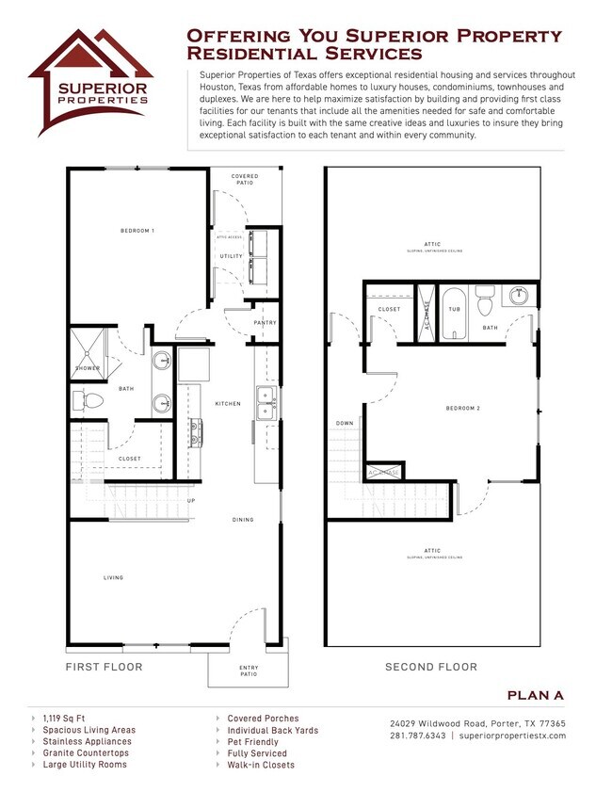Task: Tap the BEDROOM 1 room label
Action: point(137,231)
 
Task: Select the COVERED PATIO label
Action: point(245,179)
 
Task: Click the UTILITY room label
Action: point(231,256)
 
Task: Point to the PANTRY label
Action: point(264,323)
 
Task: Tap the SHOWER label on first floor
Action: point(88,368)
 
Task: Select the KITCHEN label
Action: point(227,404)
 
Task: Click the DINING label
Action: point(243,519)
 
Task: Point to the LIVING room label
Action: point(113,577)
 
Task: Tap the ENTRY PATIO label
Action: point(249,671)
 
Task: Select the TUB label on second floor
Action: point(454,309)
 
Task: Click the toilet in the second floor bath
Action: point(486,303)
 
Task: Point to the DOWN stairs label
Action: point(345,424)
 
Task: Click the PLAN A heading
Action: point(535,695)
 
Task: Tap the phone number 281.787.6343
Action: point(418,735)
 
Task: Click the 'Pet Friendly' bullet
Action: point(252,742)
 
